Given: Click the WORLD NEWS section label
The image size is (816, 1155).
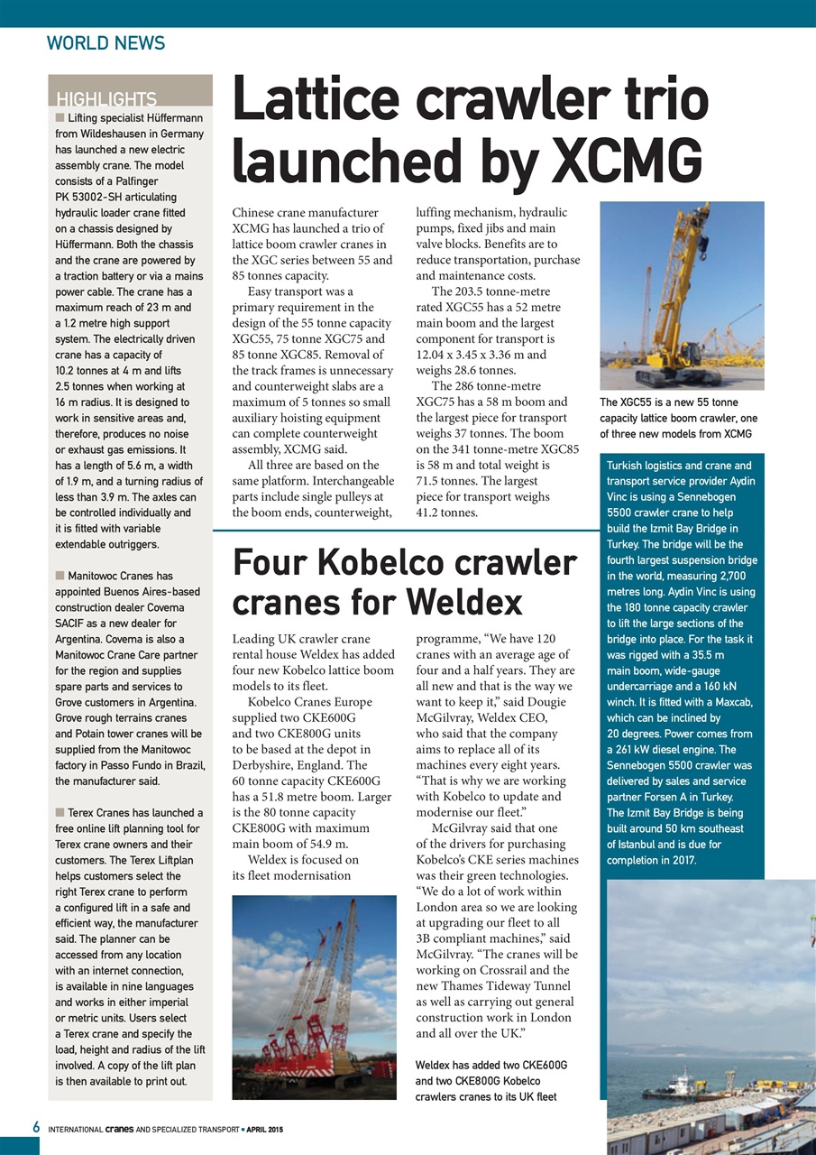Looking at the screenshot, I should pyautogui.click(x=105, y=42).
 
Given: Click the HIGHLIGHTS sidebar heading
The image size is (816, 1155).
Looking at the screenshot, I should pyautogui.click(x=106, y=99).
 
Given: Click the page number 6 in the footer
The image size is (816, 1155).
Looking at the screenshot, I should pyautogui.click(x=35, y=1127).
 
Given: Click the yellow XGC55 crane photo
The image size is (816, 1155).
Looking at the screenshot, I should pyautogui.click(x=682, y=295).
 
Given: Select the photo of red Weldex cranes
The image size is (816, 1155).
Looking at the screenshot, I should pyautogui.click(x=314, y=996).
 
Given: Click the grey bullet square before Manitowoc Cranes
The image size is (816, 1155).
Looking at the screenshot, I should pyautogui.click(x=60, y=575).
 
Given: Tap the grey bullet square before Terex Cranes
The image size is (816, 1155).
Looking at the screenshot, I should pyautogui.click(x=60, y=813).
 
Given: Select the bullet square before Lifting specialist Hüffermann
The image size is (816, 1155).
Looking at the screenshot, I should pyautogui.click(x=60, y=117).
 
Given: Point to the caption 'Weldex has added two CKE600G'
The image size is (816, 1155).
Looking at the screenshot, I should pyautogui.click(x=491, y=1080).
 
